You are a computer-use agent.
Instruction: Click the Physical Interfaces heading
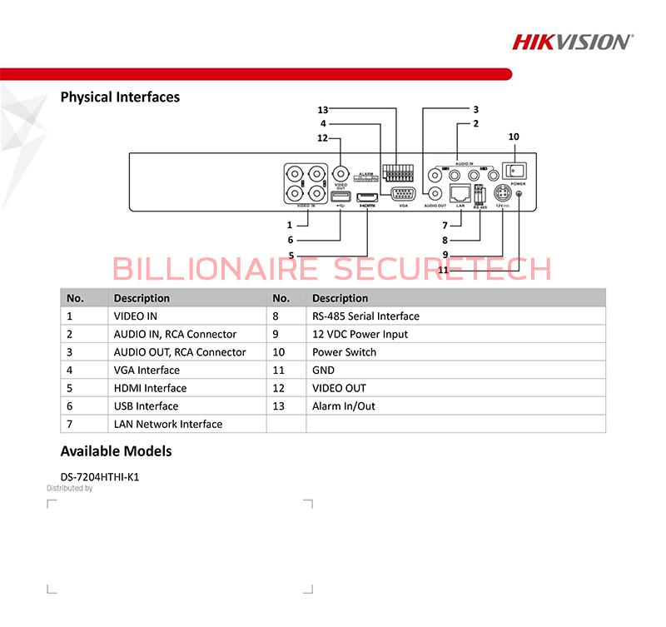120,97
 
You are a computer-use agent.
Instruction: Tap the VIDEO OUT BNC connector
340,174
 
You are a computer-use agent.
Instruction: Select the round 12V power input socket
502,194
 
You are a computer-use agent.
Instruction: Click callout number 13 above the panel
324,110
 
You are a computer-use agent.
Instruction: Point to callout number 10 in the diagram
513,136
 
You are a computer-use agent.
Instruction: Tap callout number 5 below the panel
291,255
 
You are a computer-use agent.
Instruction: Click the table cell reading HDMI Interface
150,388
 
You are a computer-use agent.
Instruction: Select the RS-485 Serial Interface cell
365,316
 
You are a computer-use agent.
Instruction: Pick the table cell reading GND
323,371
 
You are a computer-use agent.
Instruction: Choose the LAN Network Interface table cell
168,424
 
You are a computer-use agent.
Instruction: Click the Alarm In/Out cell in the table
343,406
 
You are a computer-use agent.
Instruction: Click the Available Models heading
117,451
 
